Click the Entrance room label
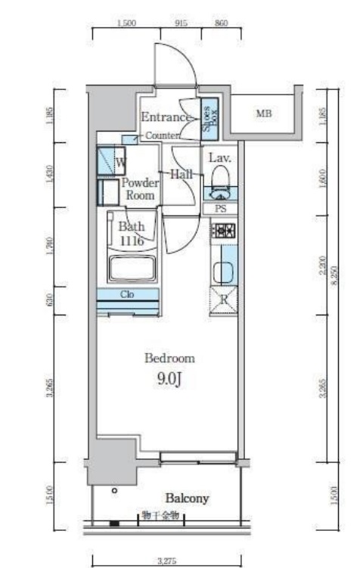(x=164, y=117)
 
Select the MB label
(x=263, y=114)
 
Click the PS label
(x=221, y=209)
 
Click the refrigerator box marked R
(x=224, y=300)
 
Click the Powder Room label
(x=140, y=189)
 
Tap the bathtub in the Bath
(x=132, y=268)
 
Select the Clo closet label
(x=127, y=294)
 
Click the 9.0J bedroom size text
(x=171, y=380)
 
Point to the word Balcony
(x=188, y=498)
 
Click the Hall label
(x=182, y=174)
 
